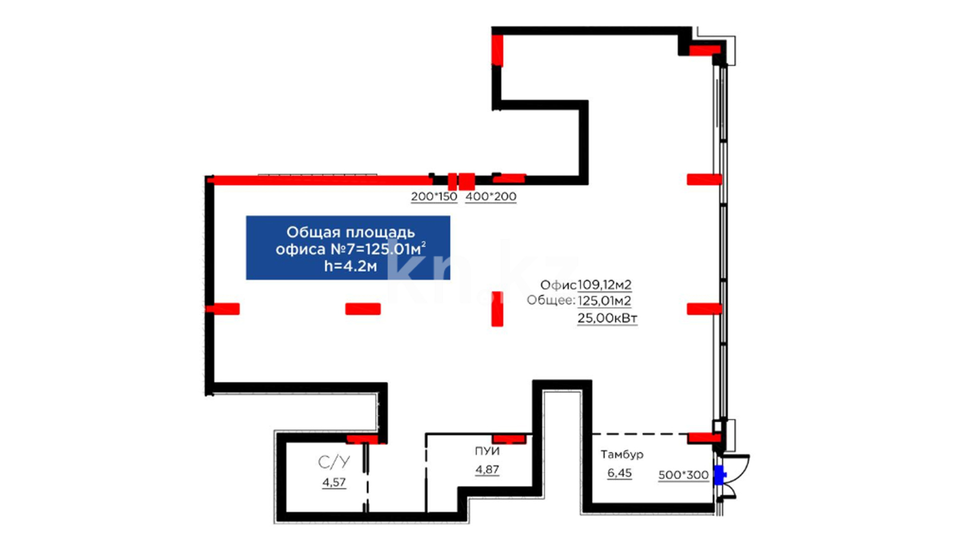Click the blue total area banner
click(348, 248)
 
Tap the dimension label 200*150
click(434, 196)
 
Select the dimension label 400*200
click(491, 196)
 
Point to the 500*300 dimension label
click(683, 475)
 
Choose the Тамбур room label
click(622, 454)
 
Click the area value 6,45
click(619, 473)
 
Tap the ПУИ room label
click(487, 451)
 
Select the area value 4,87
click(487, 469)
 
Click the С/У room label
click(334, 462)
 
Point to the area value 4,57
click(334, 482)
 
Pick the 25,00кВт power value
click(607, 318)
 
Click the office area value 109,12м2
click(604, 285)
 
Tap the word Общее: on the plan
click(551, 301)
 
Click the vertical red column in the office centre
click(497, 309)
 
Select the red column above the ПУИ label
click(509, 439)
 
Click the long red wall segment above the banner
click(320, 180)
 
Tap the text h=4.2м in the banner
click(350, 266)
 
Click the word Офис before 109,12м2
click(558, 285)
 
